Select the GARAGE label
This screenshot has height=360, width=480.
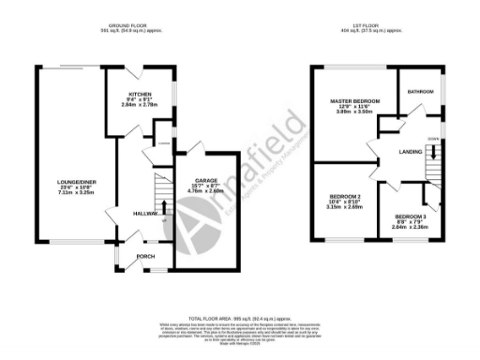[206, 179]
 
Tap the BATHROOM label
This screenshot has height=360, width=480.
[420, 92]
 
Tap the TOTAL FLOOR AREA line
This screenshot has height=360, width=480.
[240, 319]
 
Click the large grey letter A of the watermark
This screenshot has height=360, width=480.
[188, 221]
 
